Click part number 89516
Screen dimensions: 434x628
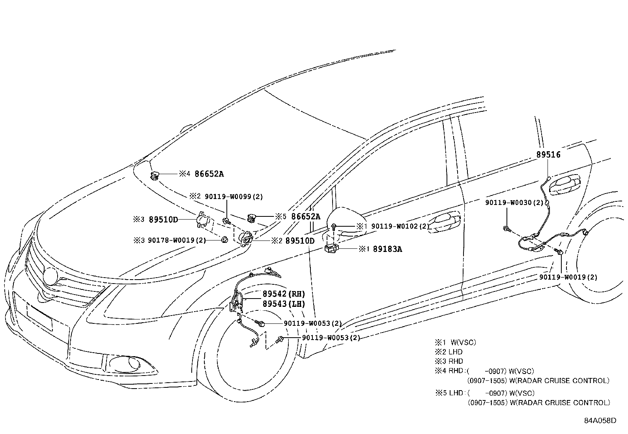[x=548, y=155]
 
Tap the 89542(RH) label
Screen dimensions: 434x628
[x=284, y=294]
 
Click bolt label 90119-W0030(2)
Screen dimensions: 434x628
[x=514, y=203]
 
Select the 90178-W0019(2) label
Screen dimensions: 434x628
[x=177, y=240]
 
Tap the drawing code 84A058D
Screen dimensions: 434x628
[x=600, y=420]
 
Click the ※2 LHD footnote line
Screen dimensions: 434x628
[x=449, y=352]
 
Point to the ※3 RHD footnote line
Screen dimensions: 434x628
[x=449, y=361]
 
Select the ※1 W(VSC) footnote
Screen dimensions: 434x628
[x=455, y=342]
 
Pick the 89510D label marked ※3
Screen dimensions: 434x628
[x=163, y=220]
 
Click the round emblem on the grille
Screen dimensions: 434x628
[x=50, y=276]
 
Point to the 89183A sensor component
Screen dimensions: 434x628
[x=330, y=249]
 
